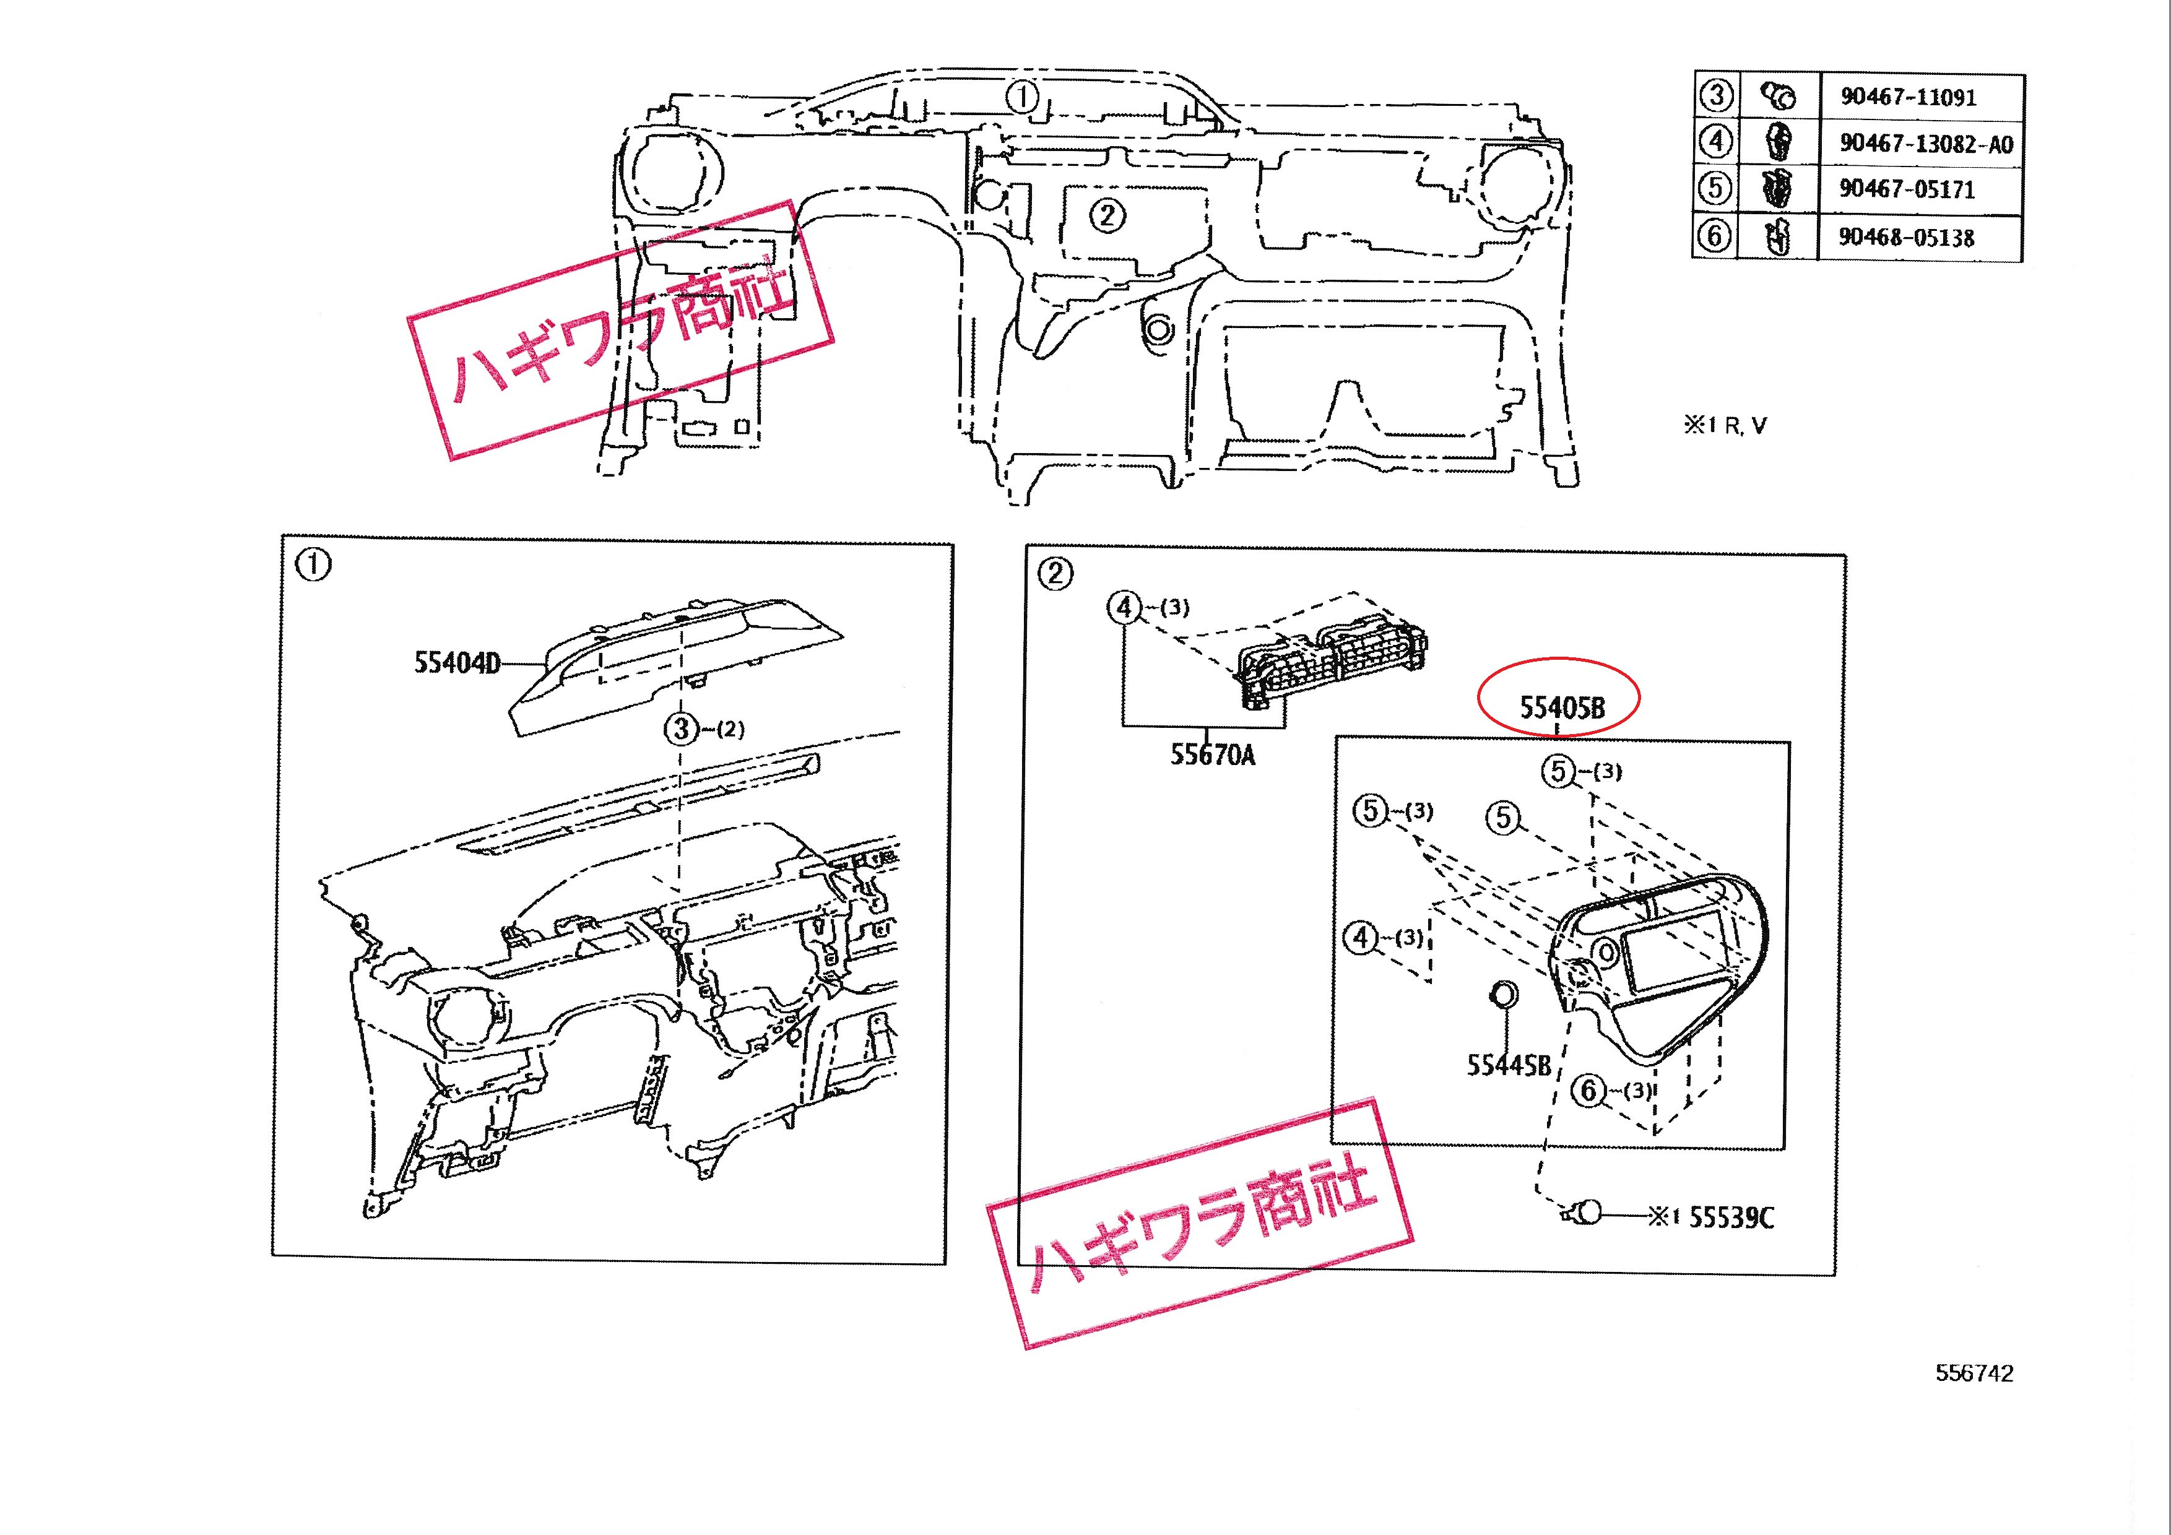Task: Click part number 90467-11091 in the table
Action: pyautogui.click(x=1907, y=97)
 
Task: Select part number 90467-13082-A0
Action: pyautogui.click(x=1925, y=144)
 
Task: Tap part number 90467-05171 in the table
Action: pyautogui.click(x=1906, y=189)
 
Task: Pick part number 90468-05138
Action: pyautogui.click(x=1905, y=237)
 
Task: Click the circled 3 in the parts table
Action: pyautogui.click(x=1716, y=95)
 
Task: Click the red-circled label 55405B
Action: pyautogui.click(x=1562, y=707)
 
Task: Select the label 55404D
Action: pyautogui.click(x=457, y=662)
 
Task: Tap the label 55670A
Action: pyautogui.click(x=1212, y=755)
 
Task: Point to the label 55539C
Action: pyautogui.click(x=1731, y=1217)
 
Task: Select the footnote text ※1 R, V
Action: pyautogui.click(x=1725, y=425)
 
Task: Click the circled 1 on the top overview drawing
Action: pyautogui.click(x=1022, y=97)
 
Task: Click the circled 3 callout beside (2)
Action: pyautogui.click(x=682, y=729)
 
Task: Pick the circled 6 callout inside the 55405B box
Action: pyautogui.click(x=1588, y=1091)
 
